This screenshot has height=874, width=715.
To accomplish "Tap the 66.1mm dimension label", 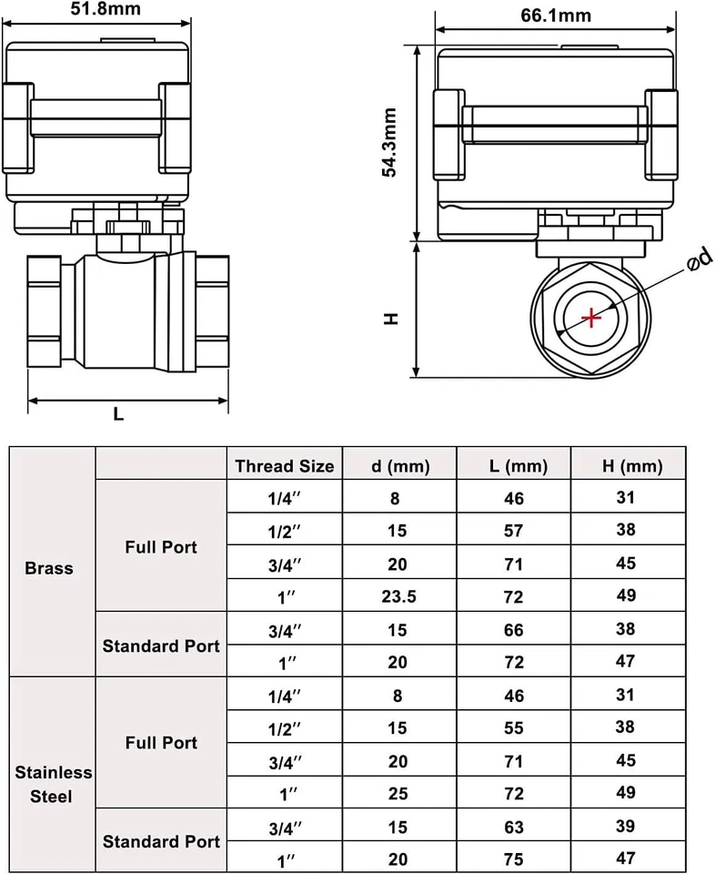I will coord(556,15).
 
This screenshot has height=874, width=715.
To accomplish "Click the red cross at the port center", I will coord(592,318).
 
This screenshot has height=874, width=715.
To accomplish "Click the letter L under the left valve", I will coord(118,414).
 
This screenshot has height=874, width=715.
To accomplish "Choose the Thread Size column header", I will coord(285,466).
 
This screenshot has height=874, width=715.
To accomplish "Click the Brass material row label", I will coord(50,568).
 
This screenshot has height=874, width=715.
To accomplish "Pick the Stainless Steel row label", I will coord(54,784).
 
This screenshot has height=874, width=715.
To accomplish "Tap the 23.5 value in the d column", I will coord(398,597).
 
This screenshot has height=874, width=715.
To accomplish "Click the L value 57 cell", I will coord(514,531).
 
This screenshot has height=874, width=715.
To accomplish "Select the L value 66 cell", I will coord(514,630).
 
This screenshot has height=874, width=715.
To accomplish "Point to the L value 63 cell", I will coord(514,826).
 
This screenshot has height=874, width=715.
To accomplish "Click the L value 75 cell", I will coord(514,859).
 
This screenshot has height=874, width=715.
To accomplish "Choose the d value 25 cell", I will coord(398,793).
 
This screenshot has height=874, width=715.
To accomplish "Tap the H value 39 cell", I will coord(626,825).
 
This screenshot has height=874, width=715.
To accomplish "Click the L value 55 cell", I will coord(514,727).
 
